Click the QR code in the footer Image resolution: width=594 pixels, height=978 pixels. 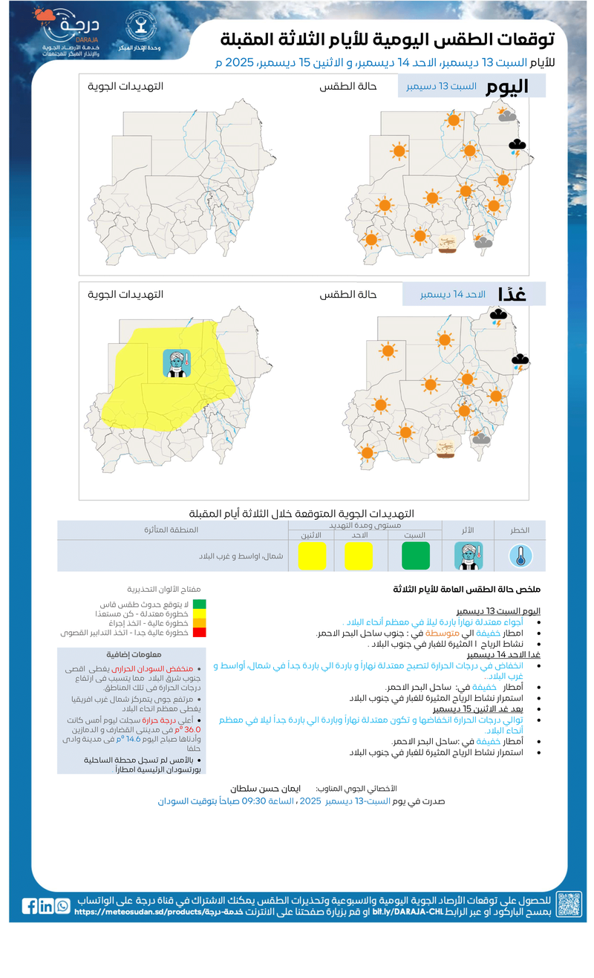pos(569,904)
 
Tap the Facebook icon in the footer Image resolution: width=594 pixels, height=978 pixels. pos(30,906)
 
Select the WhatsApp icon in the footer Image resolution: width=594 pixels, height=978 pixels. pos(62,906)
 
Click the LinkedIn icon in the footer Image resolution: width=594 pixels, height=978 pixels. pos(46,906)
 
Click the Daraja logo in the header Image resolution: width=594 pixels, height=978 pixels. pos(70,34)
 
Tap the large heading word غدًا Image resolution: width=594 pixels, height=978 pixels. pos(512,294)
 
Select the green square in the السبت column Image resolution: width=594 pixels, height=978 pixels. pos(416,555)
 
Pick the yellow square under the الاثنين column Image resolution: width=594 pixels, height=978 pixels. pos(312,555)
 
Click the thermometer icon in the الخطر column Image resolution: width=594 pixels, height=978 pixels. pos(520,555)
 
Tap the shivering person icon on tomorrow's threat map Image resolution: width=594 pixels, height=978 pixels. pos(177,363)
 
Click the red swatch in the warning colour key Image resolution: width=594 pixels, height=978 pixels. pos(199,633)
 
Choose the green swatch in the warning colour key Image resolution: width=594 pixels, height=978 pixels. pos(199,604)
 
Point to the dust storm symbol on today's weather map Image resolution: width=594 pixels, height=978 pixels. pos(446,244)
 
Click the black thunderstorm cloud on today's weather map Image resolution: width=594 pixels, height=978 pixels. pos(517,146)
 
